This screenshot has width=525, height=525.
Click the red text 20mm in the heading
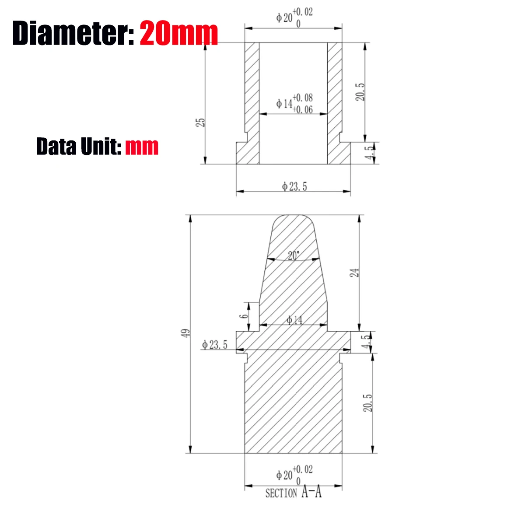pos(179,33)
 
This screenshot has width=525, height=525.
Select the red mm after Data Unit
pos(142,147)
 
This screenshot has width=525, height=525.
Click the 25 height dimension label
pos(200,122)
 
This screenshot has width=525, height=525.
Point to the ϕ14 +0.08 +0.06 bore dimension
pos(294,104)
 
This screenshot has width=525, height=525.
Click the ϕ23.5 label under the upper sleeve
pos(294,187)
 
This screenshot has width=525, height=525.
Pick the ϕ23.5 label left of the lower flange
pos(214,345)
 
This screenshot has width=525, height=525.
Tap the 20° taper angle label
pos(294,255)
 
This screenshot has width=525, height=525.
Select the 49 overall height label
pos(185,333)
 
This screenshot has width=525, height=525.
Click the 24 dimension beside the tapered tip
pos(354,273)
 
